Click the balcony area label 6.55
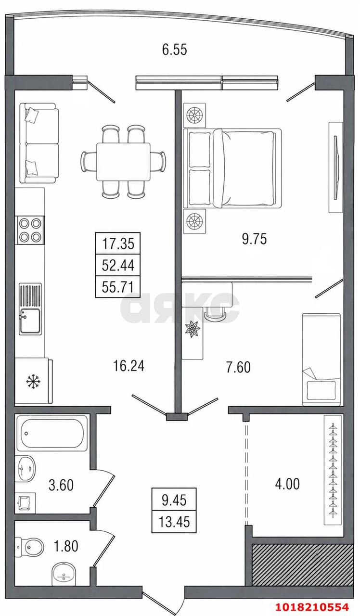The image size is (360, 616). pos(174,50)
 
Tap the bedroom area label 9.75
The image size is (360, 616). pos(255,239)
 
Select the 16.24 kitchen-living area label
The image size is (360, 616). pos(129,366)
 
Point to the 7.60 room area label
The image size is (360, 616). pos(238,367)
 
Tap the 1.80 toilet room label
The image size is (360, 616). pos(66,545)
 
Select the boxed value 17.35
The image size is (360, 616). pos(118,244)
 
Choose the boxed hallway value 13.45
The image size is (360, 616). pos(174,521)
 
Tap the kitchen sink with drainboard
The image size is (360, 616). pos(30,309)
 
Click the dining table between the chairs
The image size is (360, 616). pos(123,162)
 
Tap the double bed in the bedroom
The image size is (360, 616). pos(232,168)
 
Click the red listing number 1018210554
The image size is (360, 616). pos(312,606)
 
